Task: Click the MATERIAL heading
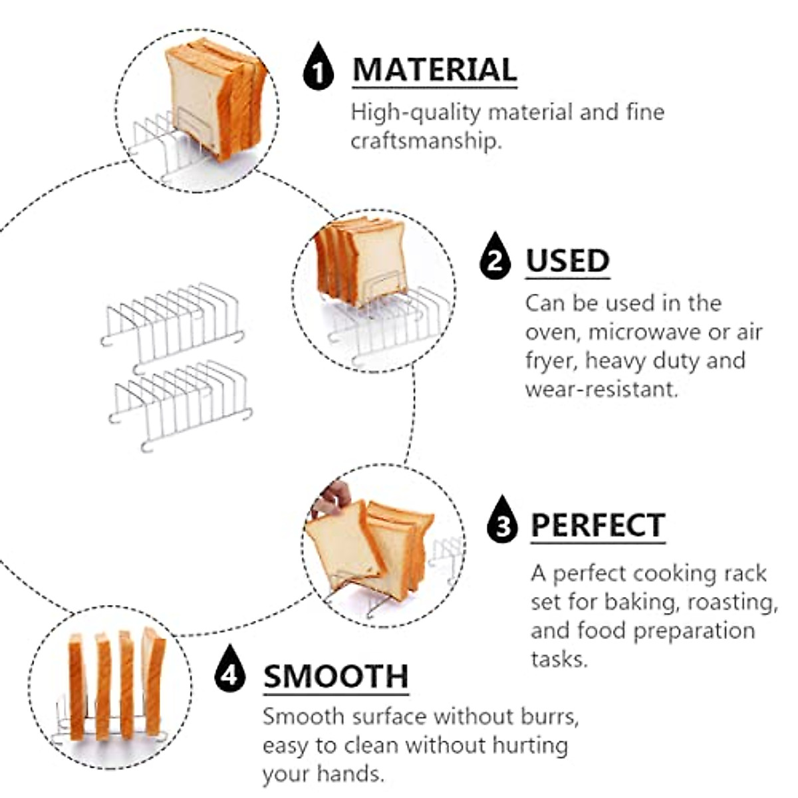(x=434, y=70)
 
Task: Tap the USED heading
(x=567, y=261)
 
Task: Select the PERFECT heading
(x=598, y=525)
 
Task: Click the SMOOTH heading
(x=336, y=676)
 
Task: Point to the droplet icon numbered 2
(x=495, y=257)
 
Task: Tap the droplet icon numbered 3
(x=503, y=521)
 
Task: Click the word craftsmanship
(x=425, y=141)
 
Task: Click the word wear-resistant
(x=601, y=388)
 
